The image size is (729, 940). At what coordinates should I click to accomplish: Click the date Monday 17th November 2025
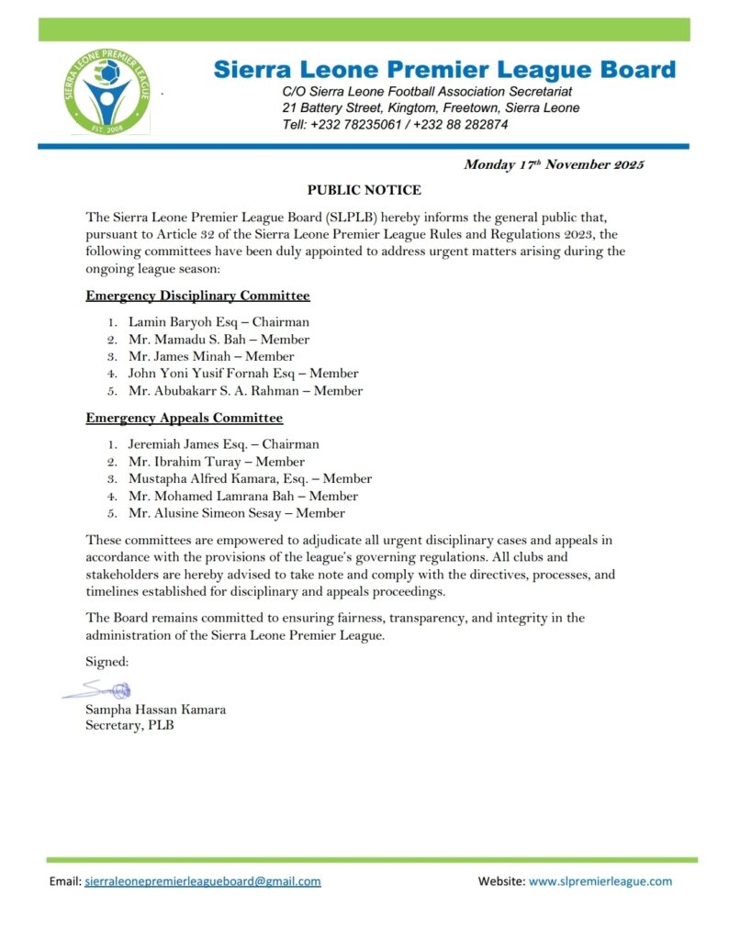point(554,165)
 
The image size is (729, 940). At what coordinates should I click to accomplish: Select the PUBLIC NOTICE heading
point(364,190)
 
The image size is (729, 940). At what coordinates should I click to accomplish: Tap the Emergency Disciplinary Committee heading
point(197,296)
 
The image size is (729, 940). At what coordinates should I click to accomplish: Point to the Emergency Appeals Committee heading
point(184,418)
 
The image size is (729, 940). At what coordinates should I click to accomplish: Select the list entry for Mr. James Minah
point(211,356)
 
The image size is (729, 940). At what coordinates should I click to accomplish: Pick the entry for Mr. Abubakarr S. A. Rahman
point(245,390)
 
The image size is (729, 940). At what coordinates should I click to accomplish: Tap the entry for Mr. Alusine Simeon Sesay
point(237,513)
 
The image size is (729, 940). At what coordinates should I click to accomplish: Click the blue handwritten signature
point(98,689)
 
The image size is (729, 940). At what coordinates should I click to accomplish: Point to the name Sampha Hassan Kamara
point(155,710)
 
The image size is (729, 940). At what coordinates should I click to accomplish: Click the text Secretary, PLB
point(129,725)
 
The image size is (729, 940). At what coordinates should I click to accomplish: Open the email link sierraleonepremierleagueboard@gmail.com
point(203,881)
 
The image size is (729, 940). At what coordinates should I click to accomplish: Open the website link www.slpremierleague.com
point(600,881)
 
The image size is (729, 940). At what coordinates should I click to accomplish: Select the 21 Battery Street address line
point(431,108)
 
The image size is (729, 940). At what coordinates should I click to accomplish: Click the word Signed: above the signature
point(107,661)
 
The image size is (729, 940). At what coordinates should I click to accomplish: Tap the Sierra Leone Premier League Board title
point(444,70)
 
